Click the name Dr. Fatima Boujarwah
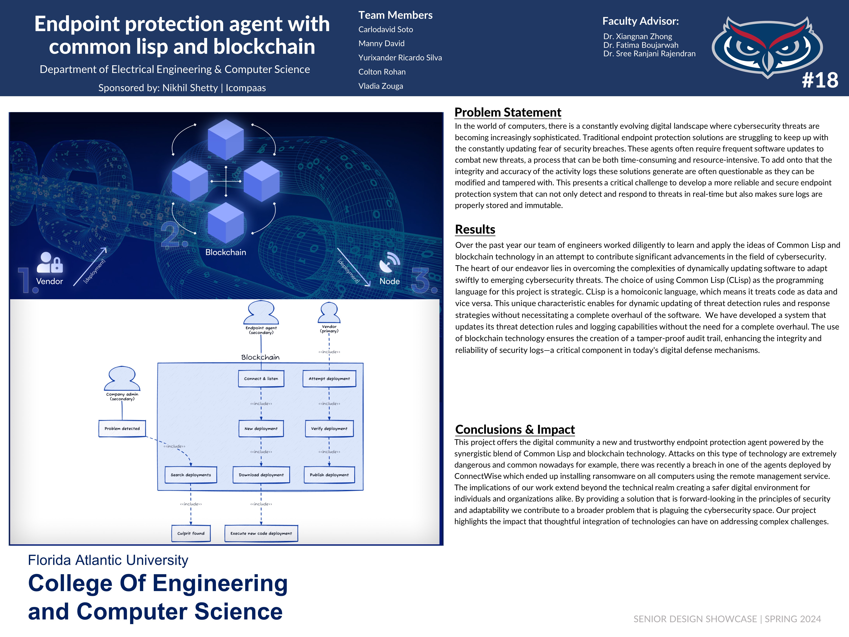[641, 45]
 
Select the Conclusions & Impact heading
[515, 429]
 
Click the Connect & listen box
[261, 379]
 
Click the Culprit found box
[191, 533]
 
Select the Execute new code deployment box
[261, 533]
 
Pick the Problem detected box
[122, 429]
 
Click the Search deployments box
[191, 475]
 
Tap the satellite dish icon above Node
[389, 262]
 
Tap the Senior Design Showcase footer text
[727, 619]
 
